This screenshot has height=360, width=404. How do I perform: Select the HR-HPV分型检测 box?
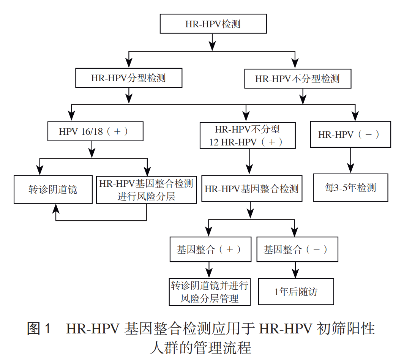(129, 78)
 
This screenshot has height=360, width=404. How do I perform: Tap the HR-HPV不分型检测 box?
(297, 79)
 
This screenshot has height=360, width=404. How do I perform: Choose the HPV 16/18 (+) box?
(95, 131)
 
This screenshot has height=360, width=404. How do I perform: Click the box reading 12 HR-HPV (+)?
(248, 136)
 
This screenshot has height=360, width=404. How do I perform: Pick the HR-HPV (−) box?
(350, 134)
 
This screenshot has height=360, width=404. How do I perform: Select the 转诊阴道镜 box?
(53, 189)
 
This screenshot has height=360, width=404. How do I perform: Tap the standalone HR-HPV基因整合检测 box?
(252, 189)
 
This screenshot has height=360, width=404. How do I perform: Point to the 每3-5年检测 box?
(350, 188)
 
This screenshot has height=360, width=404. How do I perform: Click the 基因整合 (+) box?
(209, 249)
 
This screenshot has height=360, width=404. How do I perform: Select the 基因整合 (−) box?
(297, 249)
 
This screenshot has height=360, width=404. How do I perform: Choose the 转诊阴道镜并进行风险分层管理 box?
(210, 292)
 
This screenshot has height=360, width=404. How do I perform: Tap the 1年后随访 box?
(296, 292)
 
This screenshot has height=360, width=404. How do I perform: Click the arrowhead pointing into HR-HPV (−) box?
(355, 117)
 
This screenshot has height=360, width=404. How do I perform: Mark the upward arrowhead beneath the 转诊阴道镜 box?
(56, 208)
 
